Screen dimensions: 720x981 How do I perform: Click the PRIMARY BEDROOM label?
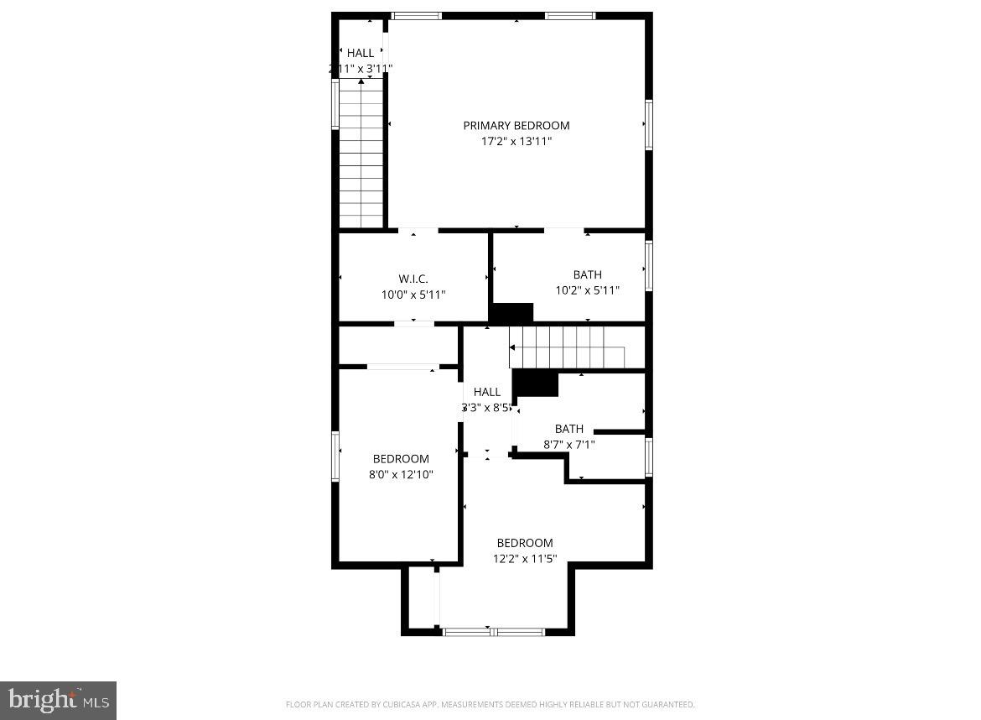coord(516,126)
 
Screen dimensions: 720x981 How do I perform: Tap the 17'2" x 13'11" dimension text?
coord(516,142)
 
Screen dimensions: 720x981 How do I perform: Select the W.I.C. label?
coord(413,279)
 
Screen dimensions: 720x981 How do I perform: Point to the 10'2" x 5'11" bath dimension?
coord(587,291)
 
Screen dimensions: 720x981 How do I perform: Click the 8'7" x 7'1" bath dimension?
coord(568,445)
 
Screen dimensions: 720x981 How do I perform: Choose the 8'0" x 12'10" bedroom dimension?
coord(401,475)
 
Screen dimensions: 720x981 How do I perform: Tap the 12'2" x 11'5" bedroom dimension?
coord(525,559)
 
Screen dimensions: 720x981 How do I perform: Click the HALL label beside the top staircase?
coord(361,54)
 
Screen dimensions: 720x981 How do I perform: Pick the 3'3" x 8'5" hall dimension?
coord(486,408)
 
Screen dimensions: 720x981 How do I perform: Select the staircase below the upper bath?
coord(568,347)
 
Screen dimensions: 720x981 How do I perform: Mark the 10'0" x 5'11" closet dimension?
coord(413,295)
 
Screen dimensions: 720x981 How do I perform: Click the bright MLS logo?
coord(58,700)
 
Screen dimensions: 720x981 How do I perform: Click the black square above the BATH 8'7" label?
coord(536,383)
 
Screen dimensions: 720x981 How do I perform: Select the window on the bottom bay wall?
coord(492,631)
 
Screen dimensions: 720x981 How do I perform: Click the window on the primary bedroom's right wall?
coord(648,125)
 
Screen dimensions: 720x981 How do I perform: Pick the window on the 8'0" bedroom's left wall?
coord(336,457)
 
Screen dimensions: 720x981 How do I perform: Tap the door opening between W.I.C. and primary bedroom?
coord(418,230)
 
